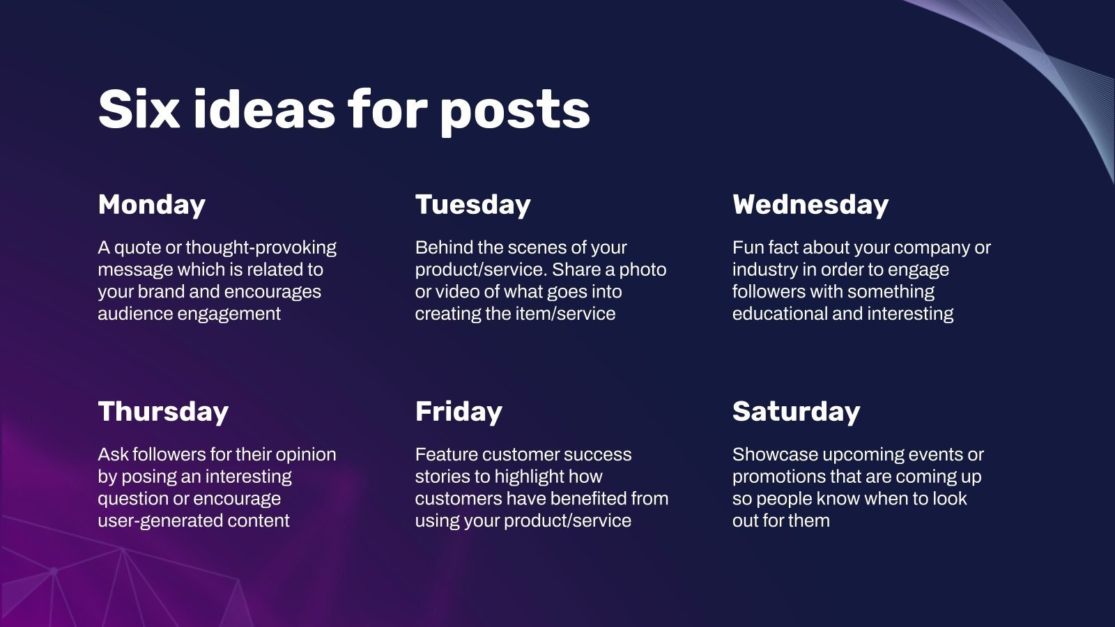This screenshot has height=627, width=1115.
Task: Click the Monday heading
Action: pyautogui.click(x=152, y=205)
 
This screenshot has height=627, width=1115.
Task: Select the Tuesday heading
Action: pyautogui.click(x=472, y=205)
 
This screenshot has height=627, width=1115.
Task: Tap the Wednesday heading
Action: pyautogui.click(x=810, y=205)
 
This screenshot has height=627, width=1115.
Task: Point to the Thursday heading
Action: pyautogui.click(x=163, y=412)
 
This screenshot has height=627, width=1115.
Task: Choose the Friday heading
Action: pyautogui.click(x=459, y=412)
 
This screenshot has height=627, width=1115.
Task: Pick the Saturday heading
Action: pyautogui.click(x=796, y=412)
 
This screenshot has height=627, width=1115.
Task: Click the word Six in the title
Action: pyautogui.click(x=139, y=110)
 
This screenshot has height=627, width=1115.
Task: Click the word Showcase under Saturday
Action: pyautogui.click(x=775, y=455)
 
